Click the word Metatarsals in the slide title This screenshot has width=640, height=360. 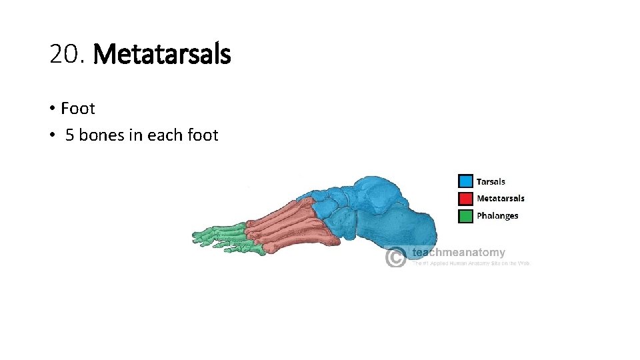[163, 54]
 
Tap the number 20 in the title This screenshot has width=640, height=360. [65, 54]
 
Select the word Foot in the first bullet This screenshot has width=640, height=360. [78, 108]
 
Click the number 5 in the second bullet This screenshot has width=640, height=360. [69, 135]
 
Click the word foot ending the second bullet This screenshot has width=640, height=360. [203, 135]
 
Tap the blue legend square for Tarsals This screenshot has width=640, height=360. [465, 181]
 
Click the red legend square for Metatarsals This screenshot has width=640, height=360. [465, 198]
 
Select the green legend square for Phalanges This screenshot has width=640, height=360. [465, 215]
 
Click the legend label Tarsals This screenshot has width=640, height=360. [491, 181]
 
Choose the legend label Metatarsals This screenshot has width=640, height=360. [501, 198]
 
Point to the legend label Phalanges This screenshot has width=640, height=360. [497, 215]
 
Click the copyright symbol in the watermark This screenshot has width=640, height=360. [396, 257]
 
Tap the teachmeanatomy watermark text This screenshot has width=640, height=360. [458, 253]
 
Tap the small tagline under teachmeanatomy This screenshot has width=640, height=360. [470, 263]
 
